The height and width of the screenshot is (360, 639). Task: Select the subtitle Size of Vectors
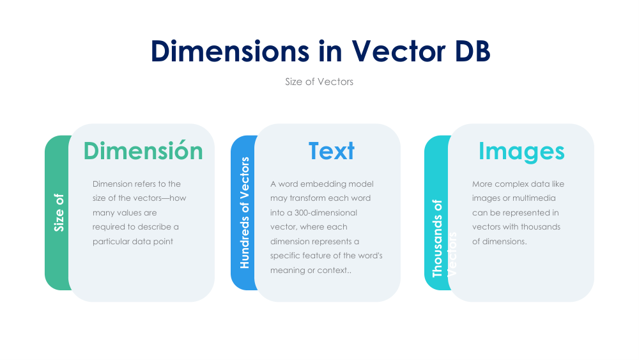(x=319, y=82)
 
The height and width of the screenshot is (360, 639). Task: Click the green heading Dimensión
(x=143, y=151)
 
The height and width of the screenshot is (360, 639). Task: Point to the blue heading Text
(x=331, y=151)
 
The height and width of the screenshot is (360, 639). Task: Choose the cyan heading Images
(x=521, y=151)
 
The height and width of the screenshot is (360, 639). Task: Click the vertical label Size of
(x=59, y=212)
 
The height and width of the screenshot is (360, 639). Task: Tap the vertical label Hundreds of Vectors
(x=244, y=212)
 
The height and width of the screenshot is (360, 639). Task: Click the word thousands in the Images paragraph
(x=540, y=227)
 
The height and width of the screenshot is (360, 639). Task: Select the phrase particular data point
(x=133, y=241)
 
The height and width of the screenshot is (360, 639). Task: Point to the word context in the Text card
(x=334, y=270)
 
